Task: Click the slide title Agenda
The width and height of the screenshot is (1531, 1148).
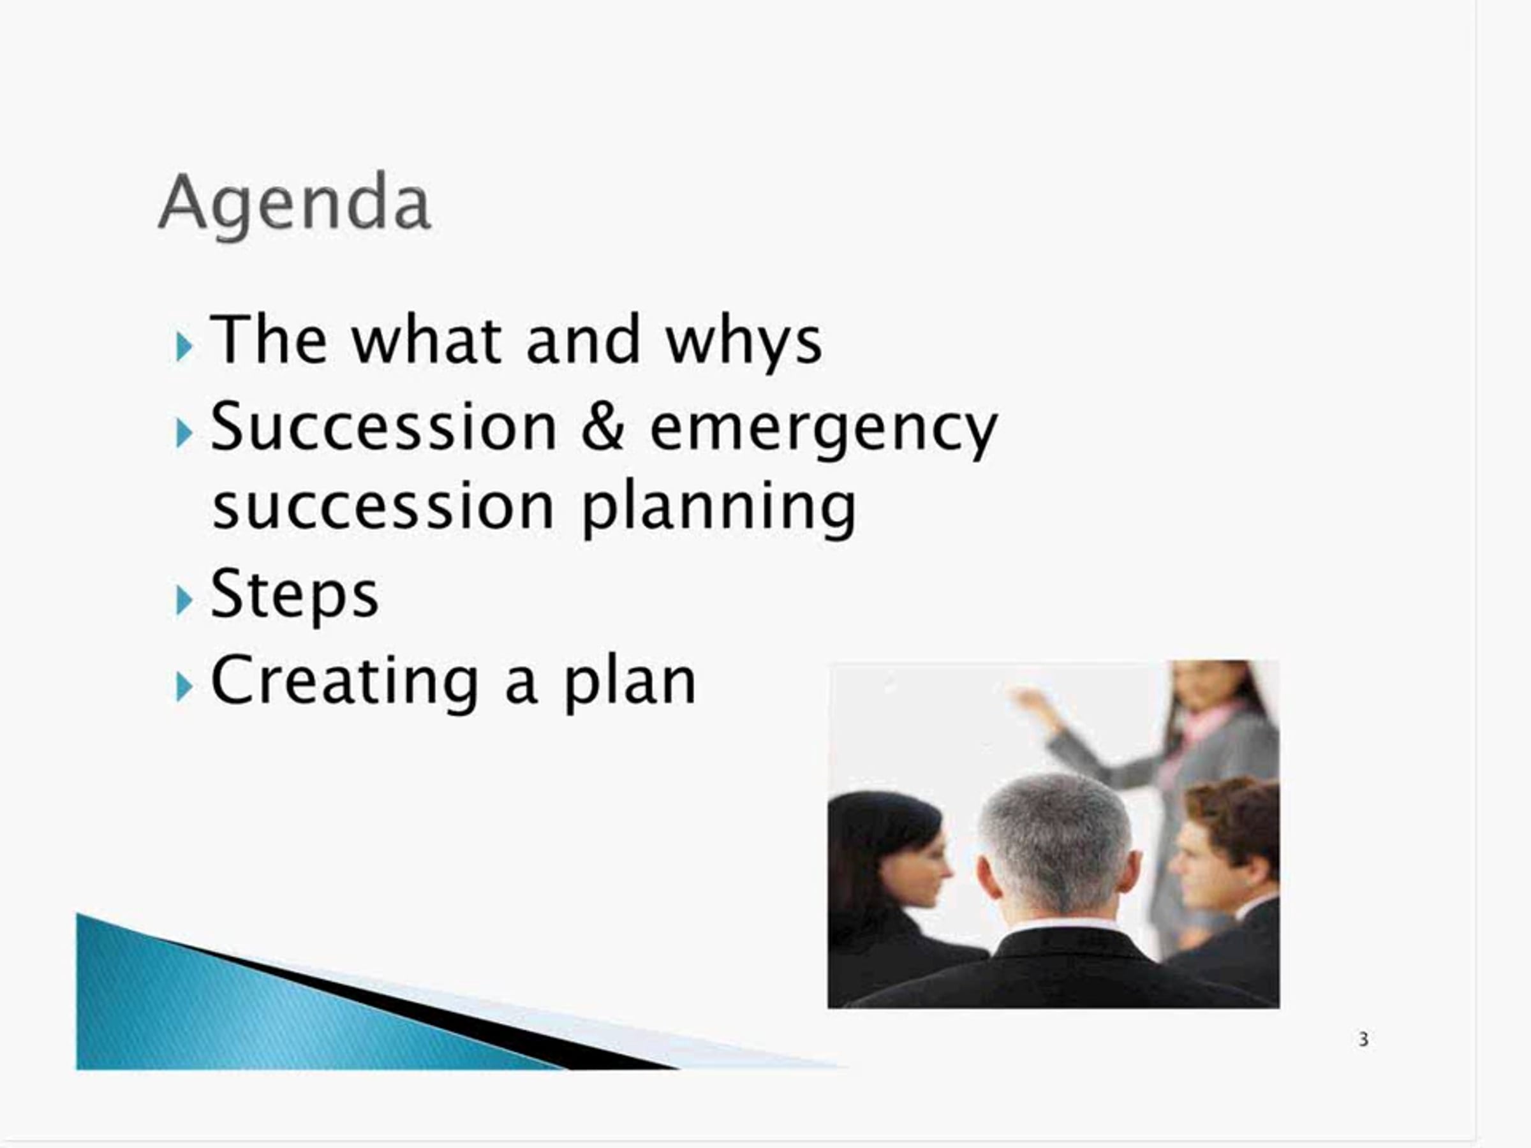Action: [x=295, y=203]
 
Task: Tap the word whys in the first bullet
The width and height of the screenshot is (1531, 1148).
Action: [x=744, y=341]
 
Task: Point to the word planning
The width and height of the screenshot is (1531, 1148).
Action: [x=719, y=508]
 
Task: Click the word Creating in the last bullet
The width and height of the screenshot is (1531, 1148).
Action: [x=344, y=682]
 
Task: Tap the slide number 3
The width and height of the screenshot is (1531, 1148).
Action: [x=1363, y=1040]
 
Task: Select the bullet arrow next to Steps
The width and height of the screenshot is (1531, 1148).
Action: [x=184, y=601]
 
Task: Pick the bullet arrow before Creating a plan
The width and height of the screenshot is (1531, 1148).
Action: [x=184, y=687]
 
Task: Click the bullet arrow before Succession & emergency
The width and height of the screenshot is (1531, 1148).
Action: [x=184, y=433]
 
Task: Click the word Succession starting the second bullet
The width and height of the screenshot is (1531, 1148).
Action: [x=383, y=426]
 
